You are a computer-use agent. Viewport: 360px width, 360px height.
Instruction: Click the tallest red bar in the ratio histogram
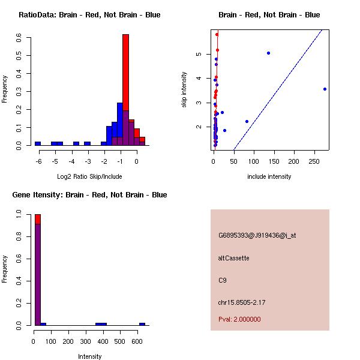(125, 73)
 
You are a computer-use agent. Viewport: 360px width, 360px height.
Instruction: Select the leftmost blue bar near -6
(38, 143)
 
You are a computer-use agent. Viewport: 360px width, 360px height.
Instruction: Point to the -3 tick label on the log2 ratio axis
(88, 161)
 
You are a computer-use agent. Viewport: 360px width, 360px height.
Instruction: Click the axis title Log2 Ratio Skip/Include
(89, 176)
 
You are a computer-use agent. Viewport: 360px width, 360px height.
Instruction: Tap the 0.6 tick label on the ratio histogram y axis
(19, 37)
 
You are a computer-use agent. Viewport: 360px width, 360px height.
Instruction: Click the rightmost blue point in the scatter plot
(325, 89)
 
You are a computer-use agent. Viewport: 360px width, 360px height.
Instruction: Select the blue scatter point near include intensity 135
(268, 53)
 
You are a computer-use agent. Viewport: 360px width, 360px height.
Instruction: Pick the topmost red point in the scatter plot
(217, 35)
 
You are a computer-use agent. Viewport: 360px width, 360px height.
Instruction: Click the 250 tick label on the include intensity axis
(314, 161)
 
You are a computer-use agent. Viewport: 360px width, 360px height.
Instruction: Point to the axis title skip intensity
(184, 89)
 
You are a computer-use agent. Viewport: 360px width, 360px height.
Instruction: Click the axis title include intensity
(269, 176)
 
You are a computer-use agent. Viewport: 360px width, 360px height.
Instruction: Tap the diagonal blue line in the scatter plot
(278, 90)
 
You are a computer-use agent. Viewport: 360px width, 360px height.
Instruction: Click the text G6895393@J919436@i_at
(257, 235)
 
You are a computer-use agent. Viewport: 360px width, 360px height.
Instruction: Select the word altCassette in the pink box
(233, 258)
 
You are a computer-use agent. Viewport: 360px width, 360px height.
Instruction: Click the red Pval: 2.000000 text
(239, 319)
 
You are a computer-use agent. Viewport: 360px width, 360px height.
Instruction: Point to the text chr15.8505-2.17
(242, 302)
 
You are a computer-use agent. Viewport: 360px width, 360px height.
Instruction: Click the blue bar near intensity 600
(142, 324)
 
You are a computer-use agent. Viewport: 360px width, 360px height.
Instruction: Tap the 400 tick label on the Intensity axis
(103, 341)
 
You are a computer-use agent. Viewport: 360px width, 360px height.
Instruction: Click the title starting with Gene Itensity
(89, 195)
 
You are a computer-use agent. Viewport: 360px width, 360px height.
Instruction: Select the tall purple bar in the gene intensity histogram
(38, 275)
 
